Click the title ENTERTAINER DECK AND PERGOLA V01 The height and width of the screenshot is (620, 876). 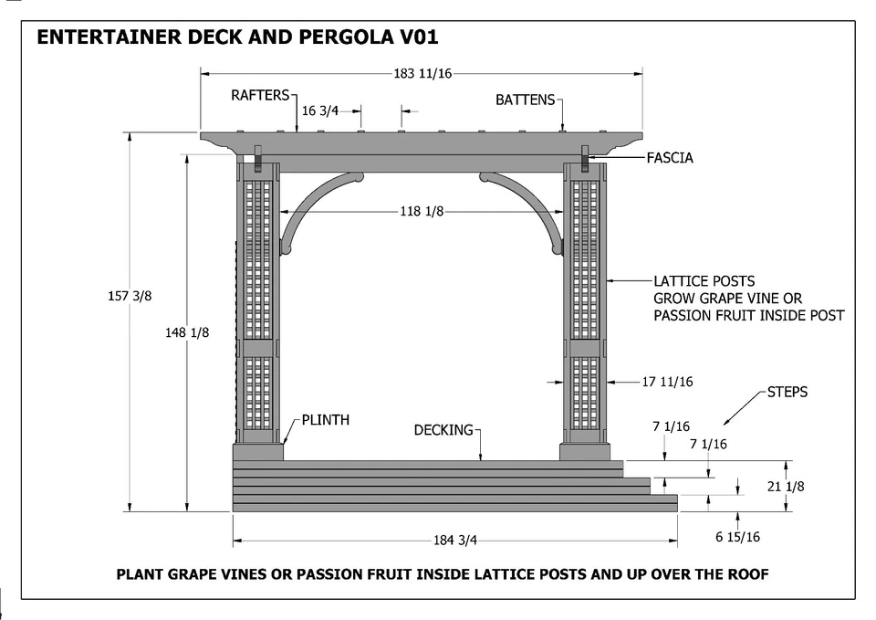pyautogui.click(x=237, y=38)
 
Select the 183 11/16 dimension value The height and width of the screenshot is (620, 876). pyautogui.click(x=422, y=74)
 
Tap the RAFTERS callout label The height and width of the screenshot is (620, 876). pyautogui.click(x=260, y=95)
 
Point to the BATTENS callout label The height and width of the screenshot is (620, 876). pyautogui.click(x=525, y=100)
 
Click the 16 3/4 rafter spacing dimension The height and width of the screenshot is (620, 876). pyautogui.click(x=320, y=110)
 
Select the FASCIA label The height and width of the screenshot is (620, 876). pyautogui.click(x=670, y=158)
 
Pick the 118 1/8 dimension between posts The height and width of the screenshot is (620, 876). pyautogui.click(x=422, y=212)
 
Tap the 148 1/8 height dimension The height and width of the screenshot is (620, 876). pyautogui.click(x=187, y=333)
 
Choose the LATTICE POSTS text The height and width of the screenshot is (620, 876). pyautogui.click(x=704, y=281)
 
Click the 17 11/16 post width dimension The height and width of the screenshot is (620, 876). pyautogui.click(x=667, y=382)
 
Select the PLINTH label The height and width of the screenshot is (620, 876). pyautogui.click(x=326, y=421)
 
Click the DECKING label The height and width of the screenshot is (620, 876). pyautogui.click(x=444, y=429)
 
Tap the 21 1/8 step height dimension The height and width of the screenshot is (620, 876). pyautogui.click(x=786, y=487)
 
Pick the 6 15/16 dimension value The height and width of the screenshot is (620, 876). pyautogui.click(x=737, y=537)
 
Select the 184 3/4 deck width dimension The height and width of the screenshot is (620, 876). pyautogui.click(x=455, y=540)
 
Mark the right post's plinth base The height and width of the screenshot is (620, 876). pyautogui.click(x=585, y=451)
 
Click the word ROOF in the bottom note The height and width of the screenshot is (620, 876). pyautogui.click(x=745, y=574)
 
